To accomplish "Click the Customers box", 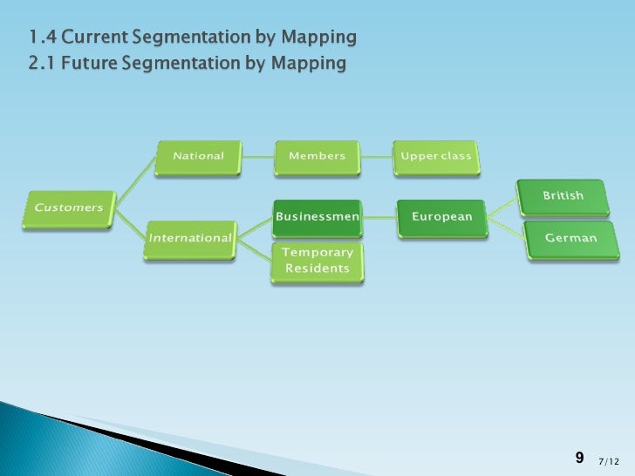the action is (69, 208).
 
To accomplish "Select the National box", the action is (198, 157).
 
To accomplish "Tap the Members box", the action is (317, 157).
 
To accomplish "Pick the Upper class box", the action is (435, 157).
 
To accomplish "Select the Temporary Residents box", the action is (317, 261).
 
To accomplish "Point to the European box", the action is (441, 217).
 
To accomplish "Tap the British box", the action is (563, 196).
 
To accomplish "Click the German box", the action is (570, 238).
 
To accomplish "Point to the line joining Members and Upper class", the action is (377, 157).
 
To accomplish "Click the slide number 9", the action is (579, 458).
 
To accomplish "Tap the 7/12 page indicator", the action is (610, 460).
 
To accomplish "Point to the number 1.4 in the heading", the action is (40, 37).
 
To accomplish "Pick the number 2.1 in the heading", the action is (41, 64).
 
